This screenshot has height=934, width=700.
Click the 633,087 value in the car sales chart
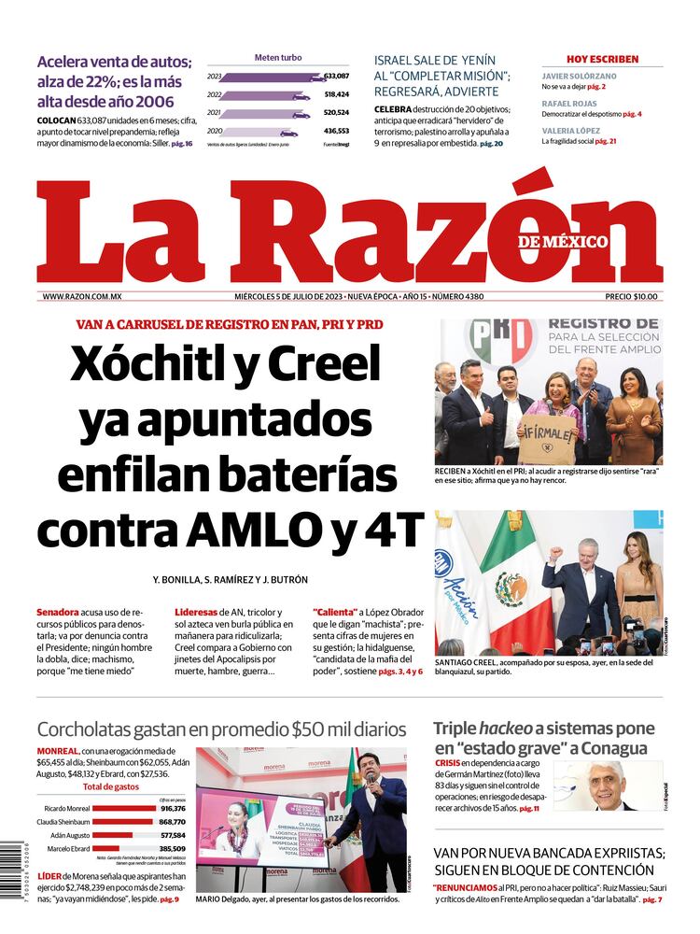(336, 76)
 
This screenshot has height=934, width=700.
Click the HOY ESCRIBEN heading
(602, 59)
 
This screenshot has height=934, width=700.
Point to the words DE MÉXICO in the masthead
(563, 242)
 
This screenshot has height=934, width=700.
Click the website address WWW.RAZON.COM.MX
(82, 297)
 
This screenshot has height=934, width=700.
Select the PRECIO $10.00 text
(631, 297)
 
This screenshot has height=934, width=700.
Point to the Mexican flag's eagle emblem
(511, 590)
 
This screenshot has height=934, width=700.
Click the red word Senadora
(58, 612)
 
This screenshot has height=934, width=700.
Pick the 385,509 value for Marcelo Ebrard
(173, 849)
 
